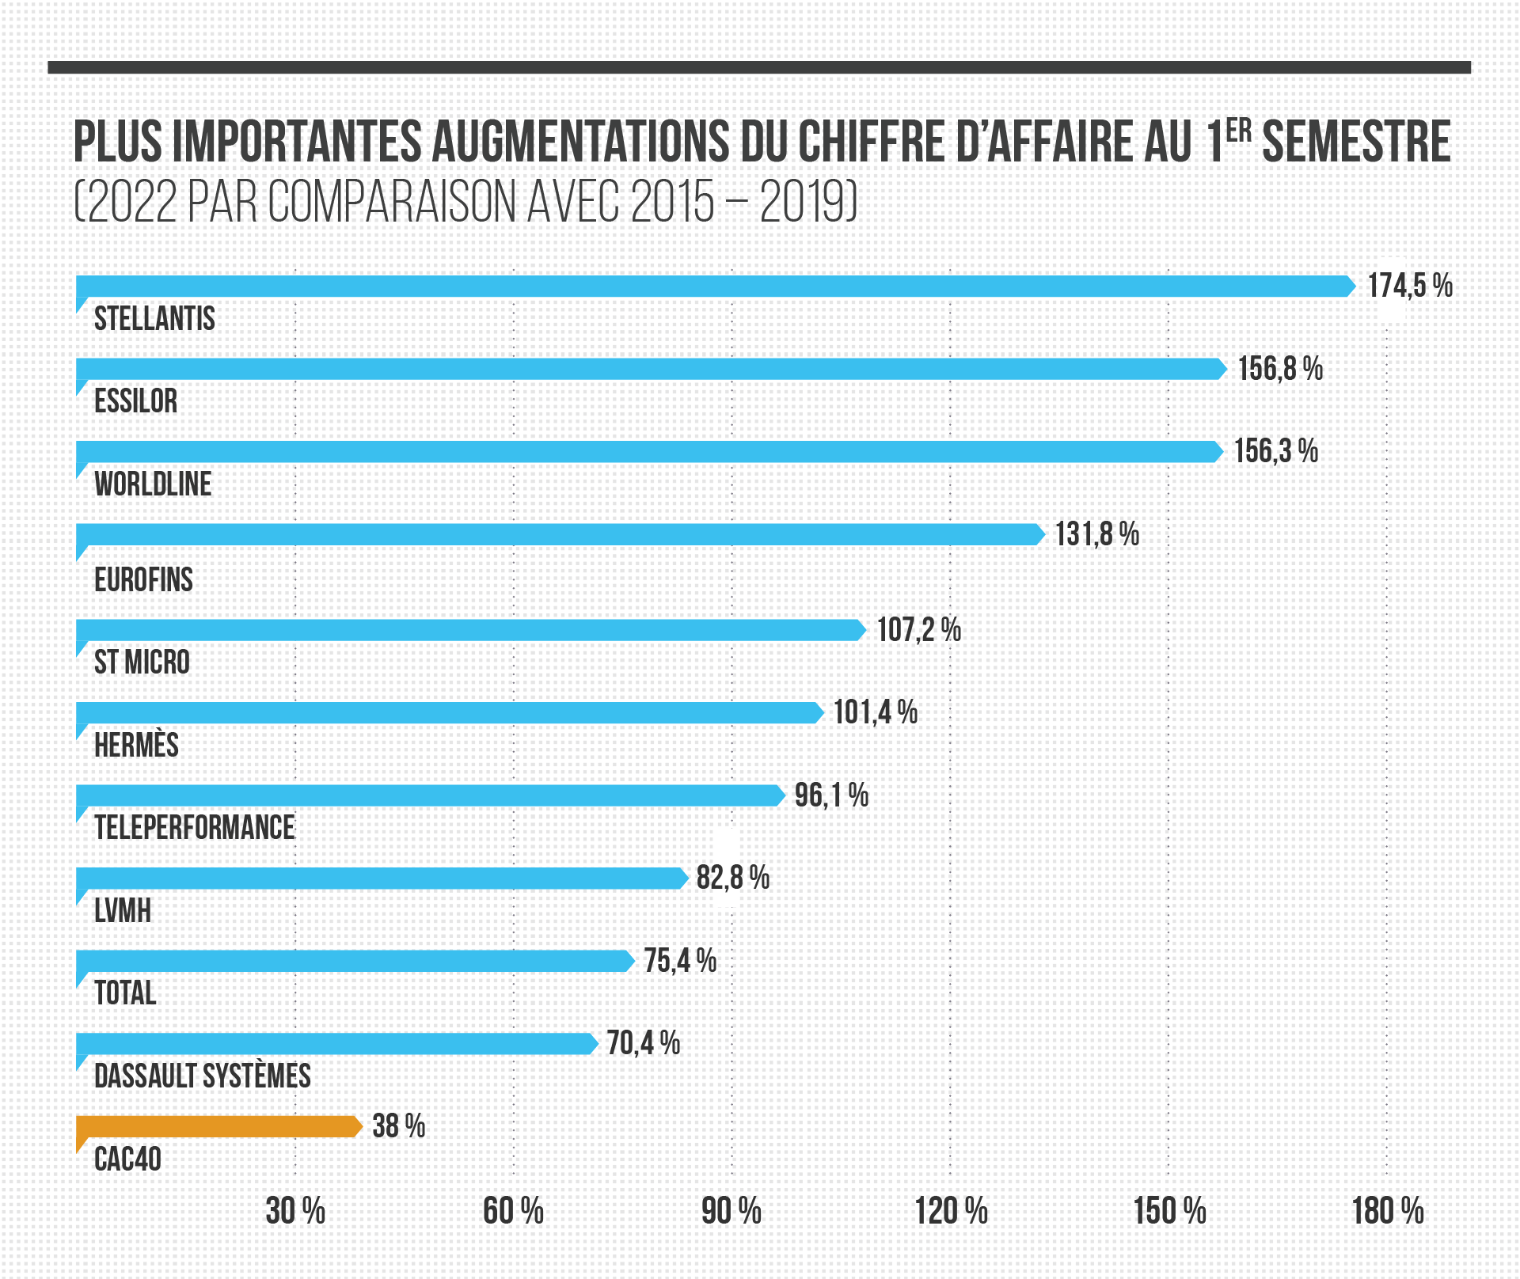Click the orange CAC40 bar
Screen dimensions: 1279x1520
click(219, 1126)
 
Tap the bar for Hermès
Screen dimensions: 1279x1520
click(450, 713)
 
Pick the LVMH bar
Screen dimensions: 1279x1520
click(382, 879)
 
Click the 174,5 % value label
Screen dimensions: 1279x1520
click(1410, 286)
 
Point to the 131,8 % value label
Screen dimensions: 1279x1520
click(1096, 535)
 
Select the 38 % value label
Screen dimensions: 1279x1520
click(398, 1126)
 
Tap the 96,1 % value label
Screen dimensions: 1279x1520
click(831, 795)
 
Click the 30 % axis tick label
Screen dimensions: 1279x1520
click(295, 1212)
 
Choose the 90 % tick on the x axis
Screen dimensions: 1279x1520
click(731, 1212)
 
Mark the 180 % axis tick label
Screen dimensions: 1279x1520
click(1388, 1212)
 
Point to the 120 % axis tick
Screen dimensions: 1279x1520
click(951, 1212)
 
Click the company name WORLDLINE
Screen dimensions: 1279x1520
click(153, 484)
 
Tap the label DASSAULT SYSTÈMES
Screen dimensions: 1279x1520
click(203, 1076)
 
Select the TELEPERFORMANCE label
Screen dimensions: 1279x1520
click(195, 828)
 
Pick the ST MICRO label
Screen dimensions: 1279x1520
click(142, 662)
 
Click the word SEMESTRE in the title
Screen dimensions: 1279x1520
click(1355, 142)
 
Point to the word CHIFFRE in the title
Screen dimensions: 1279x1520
click(872, 142)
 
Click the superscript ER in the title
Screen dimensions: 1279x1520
click(1239, 131)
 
